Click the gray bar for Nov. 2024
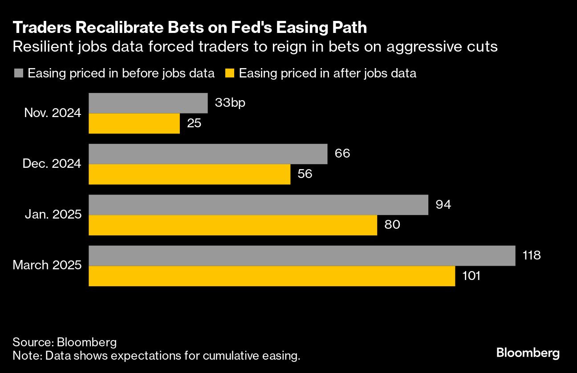coord(148,103)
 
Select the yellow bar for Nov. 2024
coord(134,123)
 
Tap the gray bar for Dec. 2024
coord(208,154)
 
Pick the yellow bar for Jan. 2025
coord(233,225)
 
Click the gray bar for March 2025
coord(302,255)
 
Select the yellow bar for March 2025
coord(272,276)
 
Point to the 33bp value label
coord(230,103)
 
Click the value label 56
coord(305,174)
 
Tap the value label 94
coord(443,205)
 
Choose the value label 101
coord(471,276)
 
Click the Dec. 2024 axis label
coord(52,164)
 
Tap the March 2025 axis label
coord(47,266)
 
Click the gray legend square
coord(18,73)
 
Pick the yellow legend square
coord(229,73)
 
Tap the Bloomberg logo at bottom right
coord(528,353)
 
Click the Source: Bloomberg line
coord(65,342)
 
